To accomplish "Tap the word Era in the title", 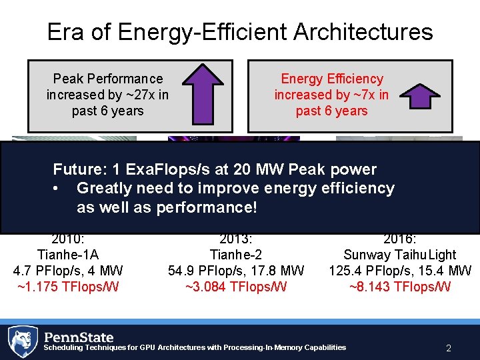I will [66, 32].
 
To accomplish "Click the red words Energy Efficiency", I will [331, 79].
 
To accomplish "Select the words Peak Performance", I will [107, 79].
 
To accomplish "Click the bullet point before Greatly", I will [57, 189].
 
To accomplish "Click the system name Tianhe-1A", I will [67, 255].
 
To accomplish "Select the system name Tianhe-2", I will [235, 255].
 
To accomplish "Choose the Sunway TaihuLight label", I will [399, 255].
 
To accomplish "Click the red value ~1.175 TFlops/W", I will [67, 287].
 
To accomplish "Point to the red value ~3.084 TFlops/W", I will [235, 287].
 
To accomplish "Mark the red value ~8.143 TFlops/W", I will [399, 287].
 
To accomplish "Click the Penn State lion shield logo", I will [23, 341].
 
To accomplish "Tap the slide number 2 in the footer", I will [448, 347].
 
